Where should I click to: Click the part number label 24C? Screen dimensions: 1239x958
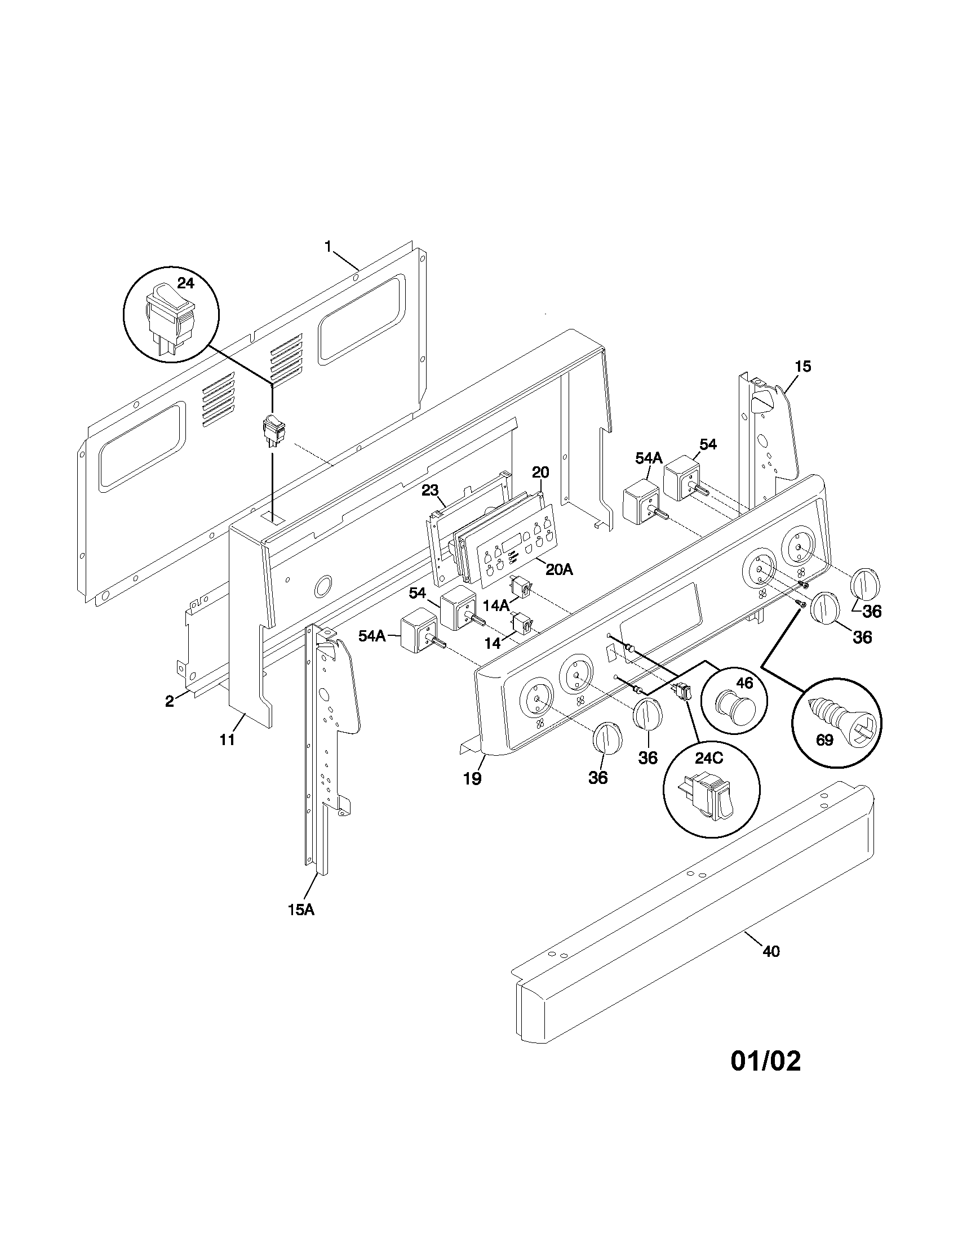(709, 759)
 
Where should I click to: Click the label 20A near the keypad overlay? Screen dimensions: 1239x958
(559, 569)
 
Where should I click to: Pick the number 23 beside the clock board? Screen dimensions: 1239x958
(430, 490)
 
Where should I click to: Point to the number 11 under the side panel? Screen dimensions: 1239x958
(228, 740)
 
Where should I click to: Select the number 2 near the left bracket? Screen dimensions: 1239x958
(169, 701)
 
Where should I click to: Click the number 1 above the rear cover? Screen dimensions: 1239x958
(327, 246)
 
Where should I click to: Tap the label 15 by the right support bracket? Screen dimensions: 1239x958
(802, 366)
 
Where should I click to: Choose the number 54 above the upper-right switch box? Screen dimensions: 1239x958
(708, 444)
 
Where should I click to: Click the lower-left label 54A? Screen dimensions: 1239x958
(372, 636)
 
